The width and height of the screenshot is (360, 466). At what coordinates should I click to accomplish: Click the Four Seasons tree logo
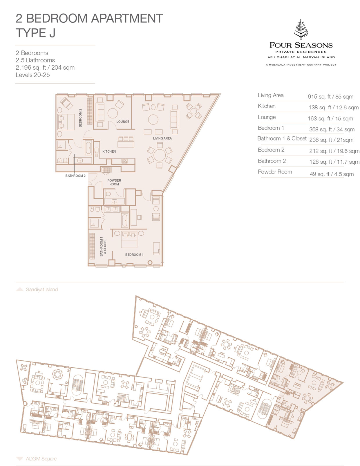(301, 29)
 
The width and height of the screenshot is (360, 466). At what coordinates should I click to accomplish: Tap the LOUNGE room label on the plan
(123, 122)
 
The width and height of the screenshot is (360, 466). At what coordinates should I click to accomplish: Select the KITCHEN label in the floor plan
(109, 151)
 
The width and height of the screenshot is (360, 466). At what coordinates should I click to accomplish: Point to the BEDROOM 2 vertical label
(80, 118)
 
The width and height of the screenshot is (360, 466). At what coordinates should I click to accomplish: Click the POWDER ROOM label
(114, 182)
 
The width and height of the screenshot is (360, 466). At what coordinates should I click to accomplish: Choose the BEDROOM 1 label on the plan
(134, 254)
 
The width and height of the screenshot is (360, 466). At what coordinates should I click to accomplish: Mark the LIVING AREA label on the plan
(162, 138)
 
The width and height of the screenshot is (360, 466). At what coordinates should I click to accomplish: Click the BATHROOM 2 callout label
(75, 176)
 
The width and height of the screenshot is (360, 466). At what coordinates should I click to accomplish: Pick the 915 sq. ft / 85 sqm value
(330, 97)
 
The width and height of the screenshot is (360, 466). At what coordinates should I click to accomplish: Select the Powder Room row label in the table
(275, 172)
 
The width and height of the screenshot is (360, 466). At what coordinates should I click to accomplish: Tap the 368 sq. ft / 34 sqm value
(331, 129)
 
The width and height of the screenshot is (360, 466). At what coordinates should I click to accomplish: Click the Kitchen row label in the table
(267, 106)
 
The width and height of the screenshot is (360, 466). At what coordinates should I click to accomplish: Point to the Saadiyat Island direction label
(42, 290)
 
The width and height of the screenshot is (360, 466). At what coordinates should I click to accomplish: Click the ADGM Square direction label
(41, 459)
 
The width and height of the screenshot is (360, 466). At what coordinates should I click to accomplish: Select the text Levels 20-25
(32, 75)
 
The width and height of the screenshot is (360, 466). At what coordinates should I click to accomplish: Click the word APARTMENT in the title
(127, 18)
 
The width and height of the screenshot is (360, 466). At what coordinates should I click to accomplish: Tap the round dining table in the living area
(160, 155)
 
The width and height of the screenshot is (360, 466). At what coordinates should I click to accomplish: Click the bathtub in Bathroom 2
(88, 147)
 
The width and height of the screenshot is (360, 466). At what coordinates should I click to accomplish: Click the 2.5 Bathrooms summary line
(35, 60)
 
